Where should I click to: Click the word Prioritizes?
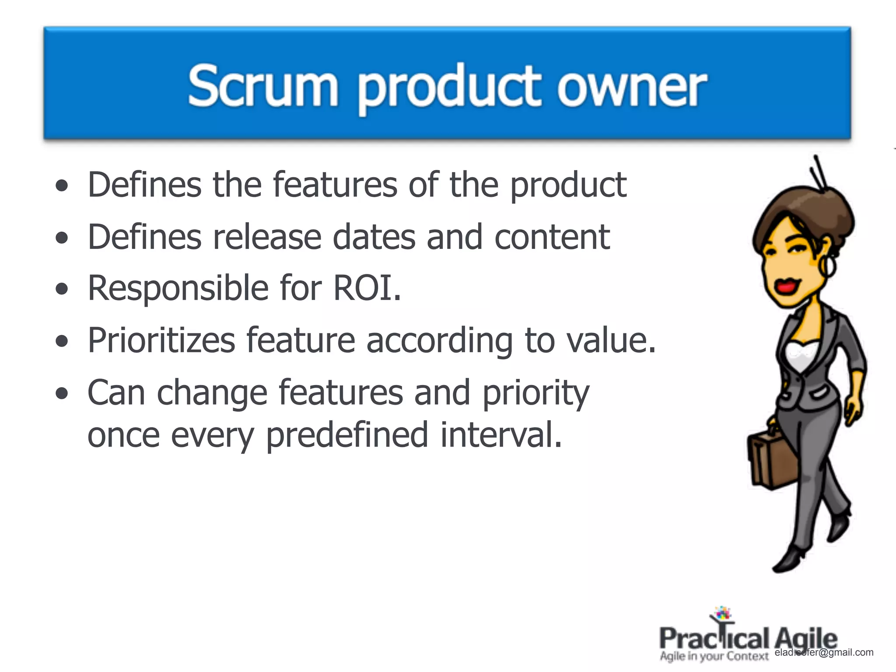pyautogui.click(x=161, y=341)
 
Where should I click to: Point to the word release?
pyautogui.click(x=266, y=237)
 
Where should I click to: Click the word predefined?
pyautogui.click(x=346, y=436)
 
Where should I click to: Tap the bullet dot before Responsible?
pyautogui.click(x=62, y=289)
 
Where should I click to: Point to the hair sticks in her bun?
pyautogui.click(x=817, y=175)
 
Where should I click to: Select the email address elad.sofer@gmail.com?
pyautogui.click(x=824, y=652)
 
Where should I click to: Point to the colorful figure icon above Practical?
pyautogui.click(x=722, y=615)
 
